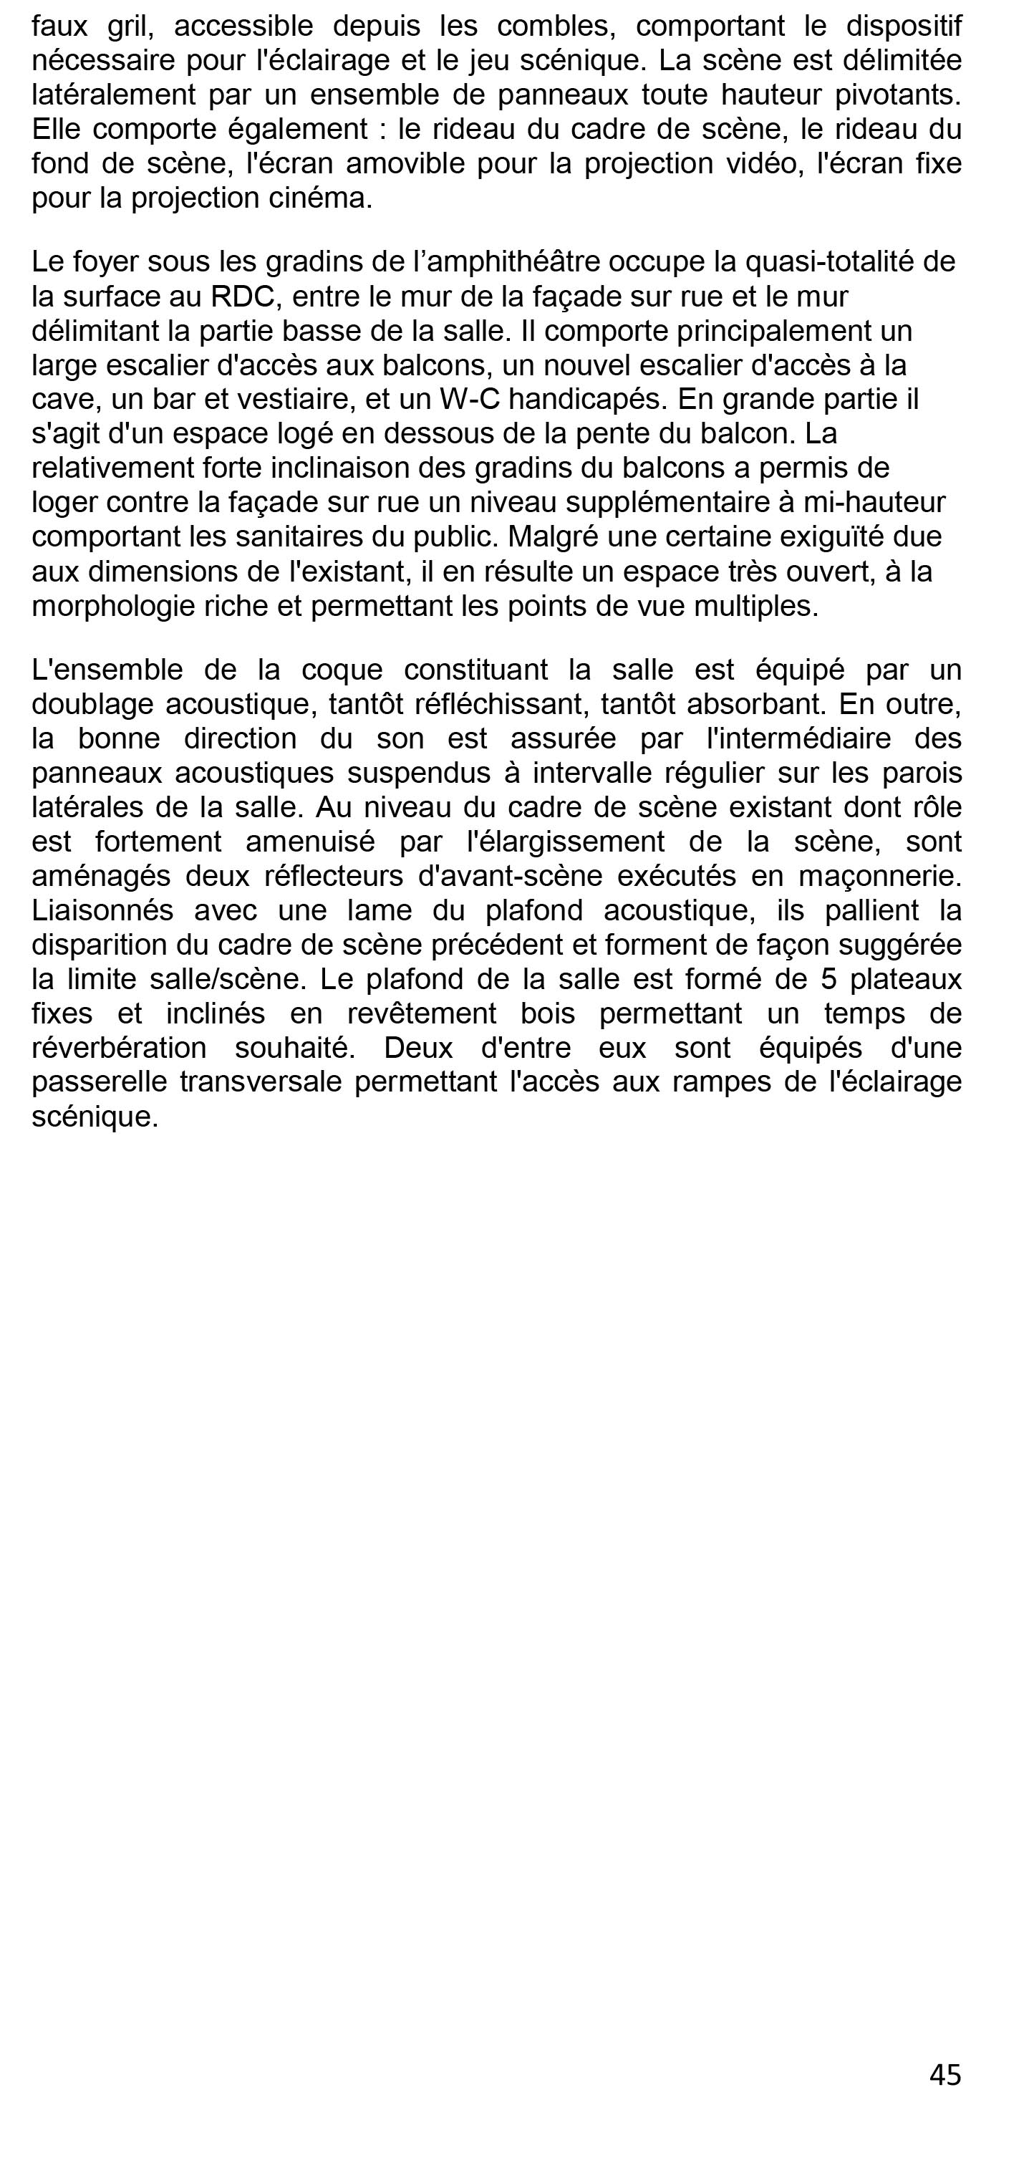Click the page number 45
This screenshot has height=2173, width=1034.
[944, 2074]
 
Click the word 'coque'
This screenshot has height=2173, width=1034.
[342, 670]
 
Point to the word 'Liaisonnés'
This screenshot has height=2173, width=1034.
[102, 911]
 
